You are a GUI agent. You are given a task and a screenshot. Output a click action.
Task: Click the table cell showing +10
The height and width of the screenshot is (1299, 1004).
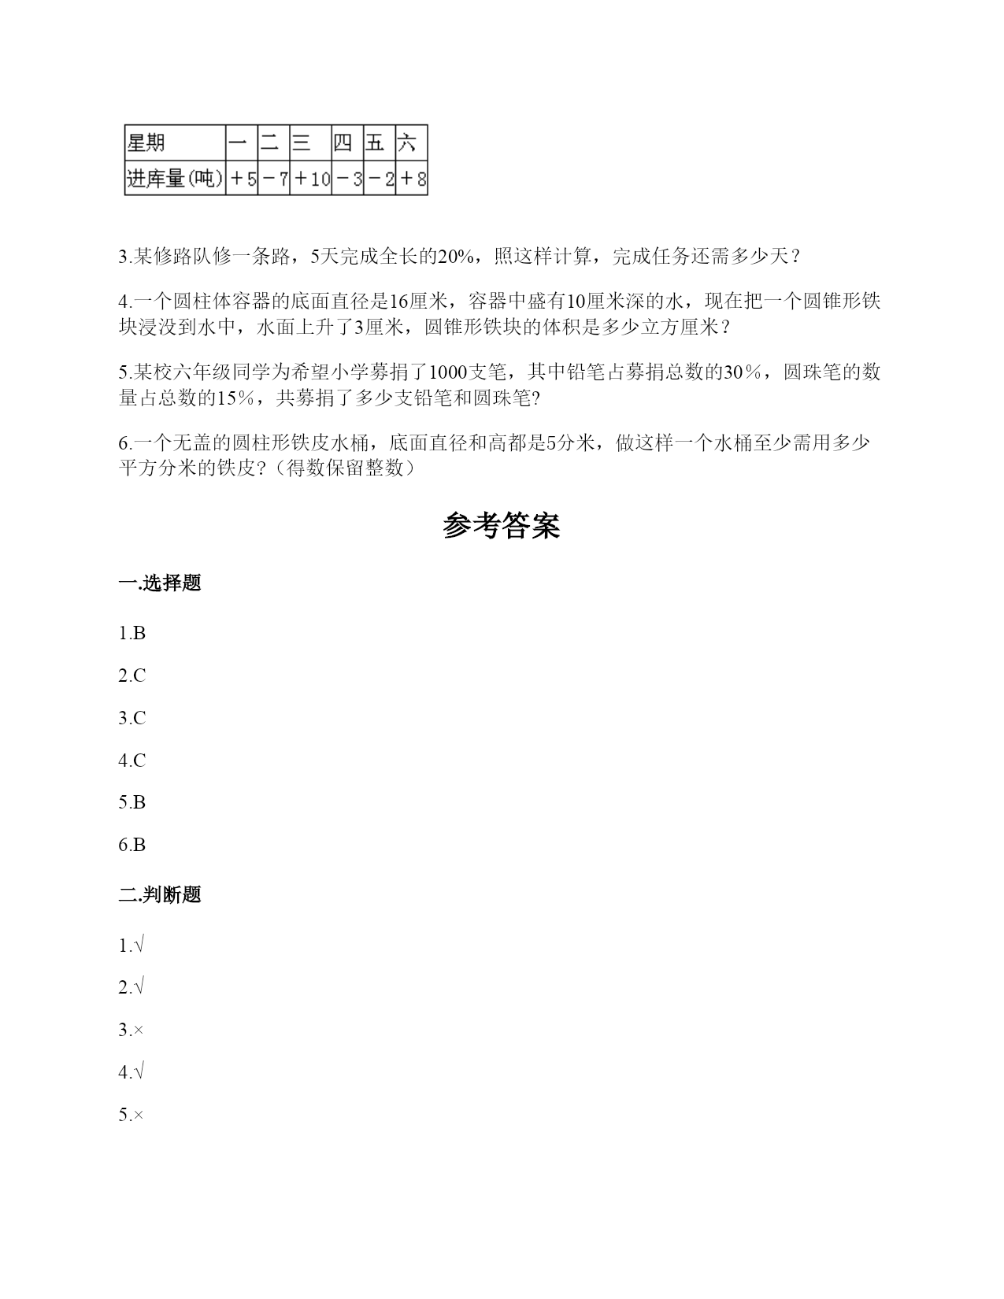[311, 179]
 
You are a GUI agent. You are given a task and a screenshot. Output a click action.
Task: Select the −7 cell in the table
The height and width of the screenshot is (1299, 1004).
[274, 179]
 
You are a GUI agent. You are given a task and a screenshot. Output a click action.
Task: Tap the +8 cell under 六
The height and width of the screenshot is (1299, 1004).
[412, 179]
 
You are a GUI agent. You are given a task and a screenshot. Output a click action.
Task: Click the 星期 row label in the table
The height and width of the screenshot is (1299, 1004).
[146, 143]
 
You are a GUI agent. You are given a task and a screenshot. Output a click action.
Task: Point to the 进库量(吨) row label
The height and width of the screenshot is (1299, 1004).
[175, 179]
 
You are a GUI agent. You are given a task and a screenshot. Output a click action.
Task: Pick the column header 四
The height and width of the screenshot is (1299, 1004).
[343, 143]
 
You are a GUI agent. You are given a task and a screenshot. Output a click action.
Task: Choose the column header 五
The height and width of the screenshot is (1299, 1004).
[376, 143]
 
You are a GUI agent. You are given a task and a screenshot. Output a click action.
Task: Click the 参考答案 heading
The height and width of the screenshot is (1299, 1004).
[502, 526]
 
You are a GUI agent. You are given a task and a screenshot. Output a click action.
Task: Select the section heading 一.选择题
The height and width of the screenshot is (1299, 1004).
[160, 583]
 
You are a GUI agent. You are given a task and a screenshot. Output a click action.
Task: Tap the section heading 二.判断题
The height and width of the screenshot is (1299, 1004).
[160, 895]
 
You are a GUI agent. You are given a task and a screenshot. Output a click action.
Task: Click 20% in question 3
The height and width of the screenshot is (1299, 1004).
[455, 257]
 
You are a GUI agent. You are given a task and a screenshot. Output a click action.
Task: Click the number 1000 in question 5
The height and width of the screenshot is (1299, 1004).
[446, 372]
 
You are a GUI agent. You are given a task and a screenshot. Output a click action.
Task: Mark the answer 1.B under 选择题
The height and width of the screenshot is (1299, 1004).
[132, 634]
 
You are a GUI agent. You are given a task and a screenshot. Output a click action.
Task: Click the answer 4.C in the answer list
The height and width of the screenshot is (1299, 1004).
[132, 761]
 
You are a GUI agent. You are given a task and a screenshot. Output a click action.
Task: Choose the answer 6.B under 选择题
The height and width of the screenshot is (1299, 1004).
[132, 846]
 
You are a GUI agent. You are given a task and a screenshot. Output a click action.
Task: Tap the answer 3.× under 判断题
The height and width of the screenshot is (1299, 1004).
[132, 1030]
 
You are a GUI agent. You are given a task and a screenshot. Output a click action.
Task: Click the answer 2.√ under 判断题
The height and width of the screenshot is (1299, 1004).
[132, 987]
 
